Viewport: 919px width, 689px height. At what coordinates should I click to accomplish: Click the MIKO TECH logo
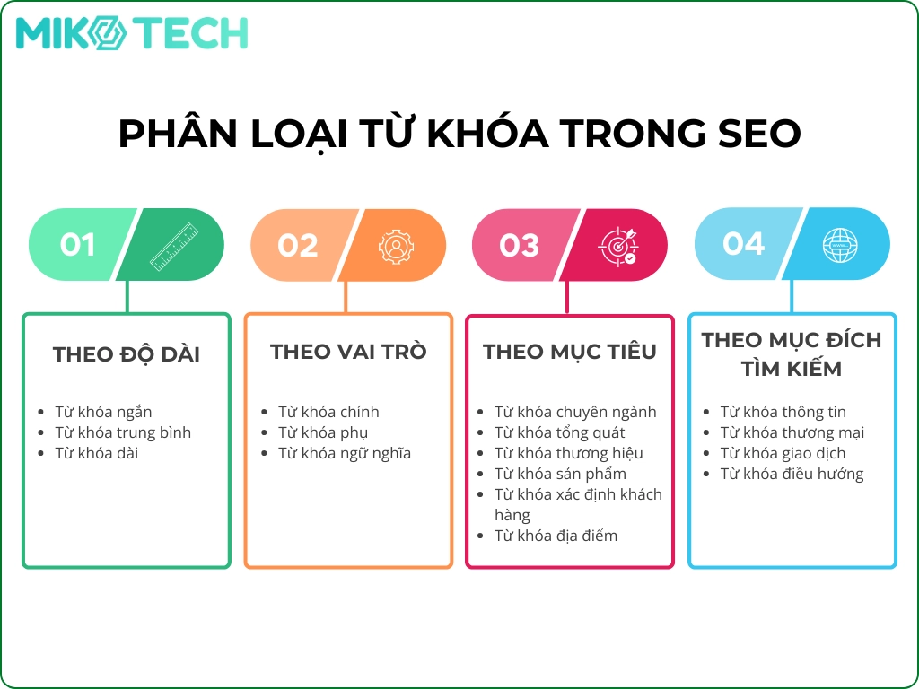pos(132,33)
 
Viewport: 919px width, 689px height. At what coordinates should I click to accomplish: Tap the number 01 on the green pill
pos(77,245)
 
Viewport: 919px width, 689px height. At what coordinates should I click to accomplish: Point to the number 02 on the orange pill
pos(298,245)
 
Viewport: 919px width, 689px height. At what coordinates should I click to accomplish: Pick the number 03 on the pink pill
pos(520,245)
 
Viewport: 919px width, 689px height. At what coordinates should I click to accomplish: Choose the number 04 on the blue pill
pos(743,244)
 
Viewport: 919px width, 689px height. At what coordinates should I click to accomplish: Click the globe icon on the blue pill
pos(840,244)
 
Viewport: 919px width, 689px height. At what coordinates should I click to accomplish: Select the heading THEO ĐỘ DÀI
pos(127,354)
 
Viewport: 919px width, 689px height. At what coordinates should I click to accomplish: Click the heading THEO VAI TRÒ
pos(348,352)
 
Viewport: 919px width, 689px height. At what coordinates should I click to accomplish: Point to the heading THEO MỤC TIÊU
pos(570,352)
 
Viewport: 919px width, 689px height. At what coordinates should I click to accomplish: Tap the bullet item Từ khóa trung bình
pos(123,432)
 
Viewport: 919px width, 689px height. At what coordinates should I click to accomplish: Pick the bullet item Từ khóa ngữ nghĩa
pos(345,453)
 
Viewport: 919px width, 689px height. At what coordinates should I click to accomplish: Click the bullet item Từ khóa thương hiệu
pos(568,453)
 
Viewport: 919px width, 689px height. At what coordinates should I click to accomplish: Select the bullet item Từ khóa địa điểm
pos(556,536)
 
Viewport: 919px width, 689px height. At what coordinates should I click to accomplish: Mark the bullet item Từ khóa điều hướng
pos(792,474)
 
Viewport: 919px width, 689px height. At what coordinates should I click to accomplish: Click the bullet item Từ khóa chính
pos(328,412)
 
